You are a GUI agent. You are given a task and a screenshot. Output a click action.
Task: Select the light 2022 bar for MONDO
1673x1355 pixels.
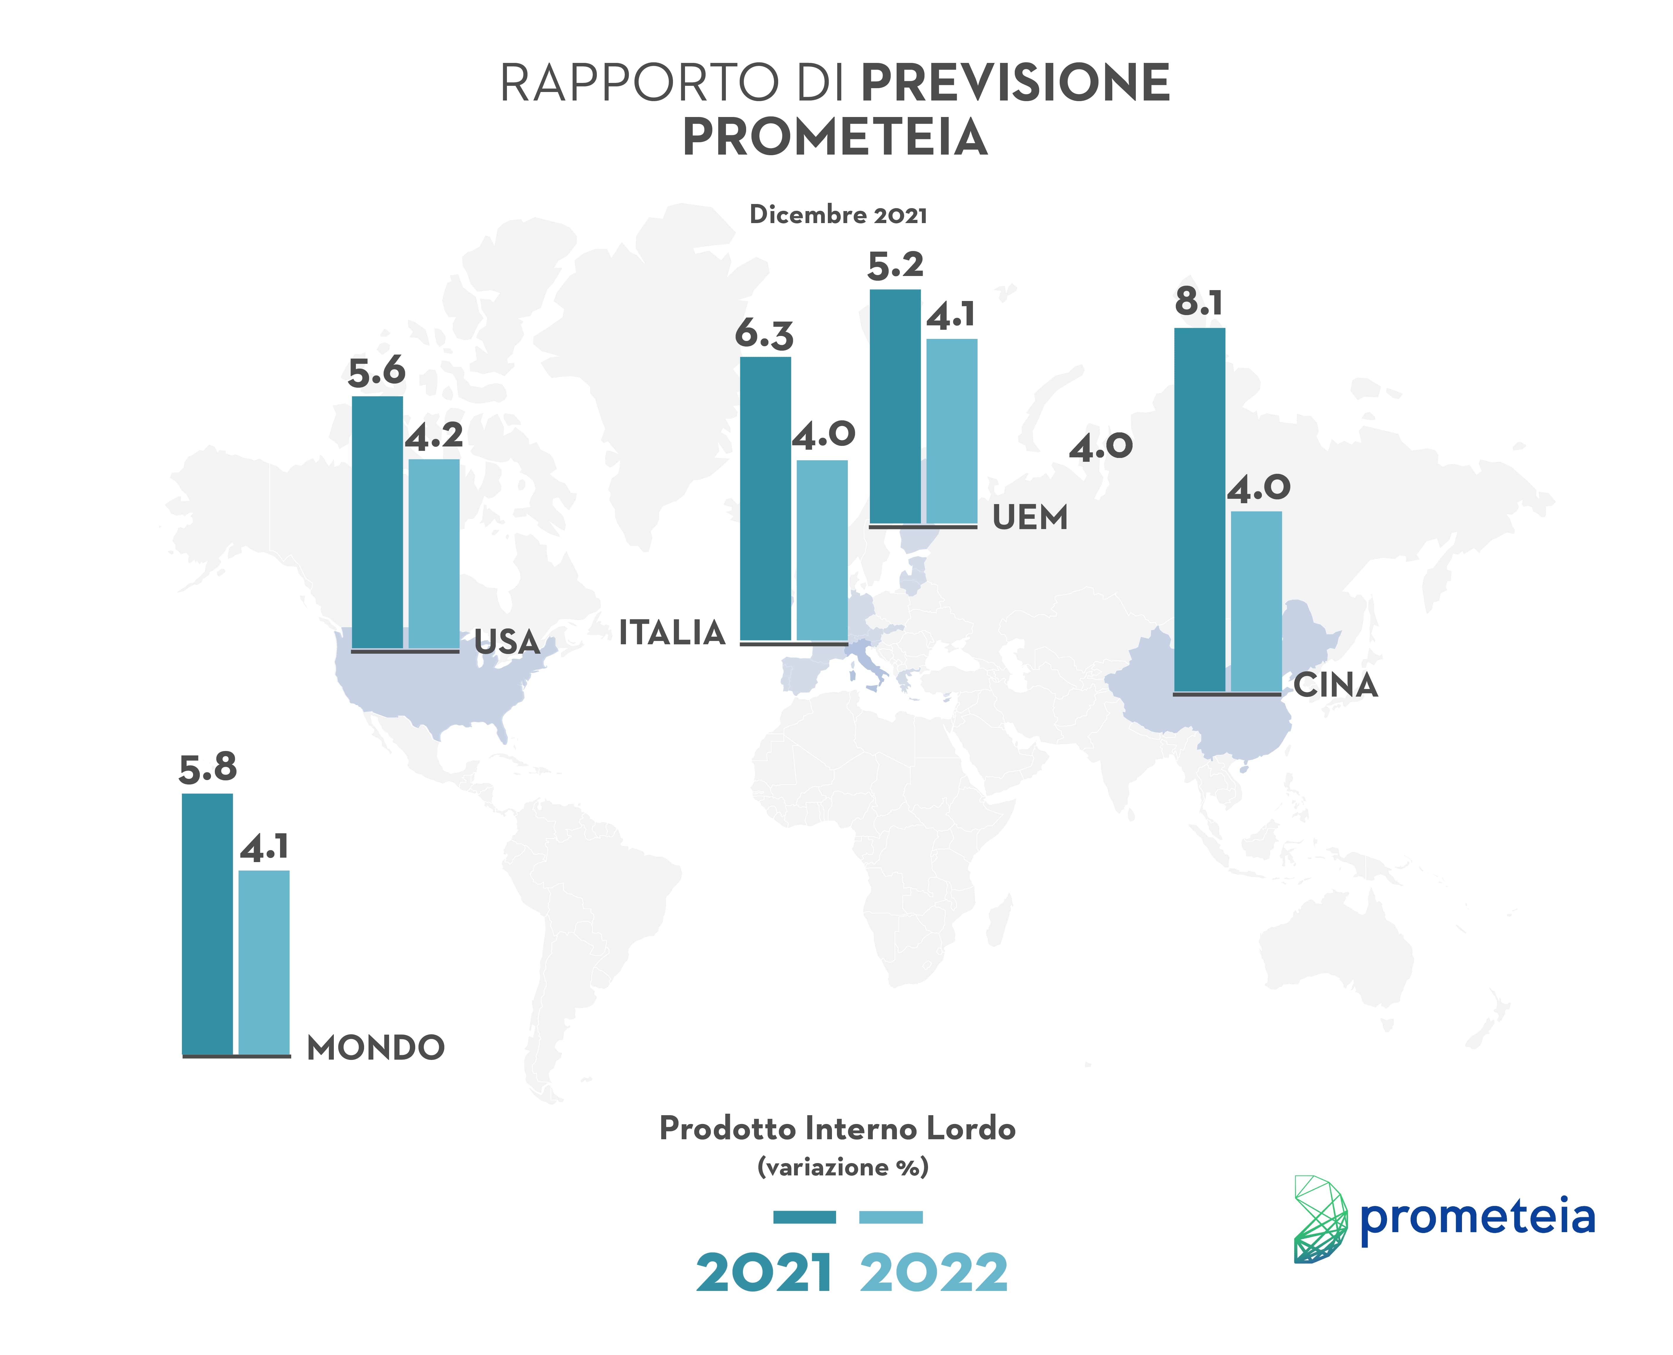coord(264,962)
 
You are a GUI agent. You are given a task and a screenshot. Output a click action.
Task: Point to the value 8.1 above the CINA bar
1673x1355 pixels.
coord(1199,302)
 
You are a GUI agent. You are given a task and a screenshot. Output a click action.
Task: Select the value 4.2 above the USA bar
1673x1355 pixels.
coord(434,436)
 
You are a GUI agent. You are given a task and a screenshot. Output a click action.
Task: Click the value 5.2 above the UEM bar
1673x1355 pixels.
coord(895,265)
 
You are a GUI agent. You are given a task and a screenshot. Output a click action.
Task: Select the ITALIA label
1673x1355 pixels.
coord(672,632)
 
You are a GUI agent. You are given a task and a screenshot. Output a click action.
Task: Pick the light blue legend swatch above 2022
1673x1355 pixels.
coord(890,1217)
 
